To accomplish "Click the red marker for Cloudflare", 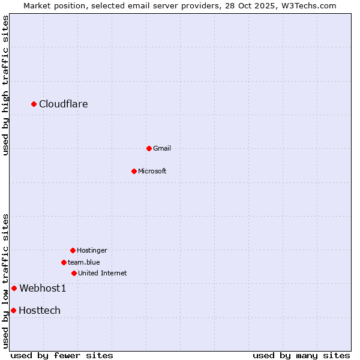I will click(34, 104).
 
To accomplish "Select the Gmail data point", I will click(149, 148).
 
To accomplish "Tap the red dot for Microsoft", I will click(134, 171).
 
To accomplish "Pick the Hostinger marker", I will click(73, 250).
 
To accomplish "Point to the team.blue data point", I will click(64, 262).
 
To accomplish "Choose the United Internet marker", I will click(74, 273).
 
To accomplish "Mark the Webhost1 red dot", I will click(14, 288).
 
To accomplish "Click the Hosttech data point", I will click(13, 310).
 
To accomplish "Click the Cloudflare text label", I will click(64, 104).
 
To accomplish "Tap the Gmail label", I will click(162, 148).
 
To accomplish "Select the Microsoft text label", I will click(152, 171).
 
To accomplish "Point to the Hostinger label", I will click(92, 250).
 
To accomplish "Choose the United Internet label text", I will click(103, 273).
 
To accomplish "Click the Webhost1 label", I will click(43, 289).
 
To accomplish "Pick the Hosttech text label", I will click(40, 311).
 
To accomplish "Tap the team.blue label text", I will click(84, 262).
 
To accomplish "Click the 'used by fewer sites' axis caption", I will click(62, 355).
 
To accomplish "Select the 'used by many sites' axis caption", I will click(301, 355).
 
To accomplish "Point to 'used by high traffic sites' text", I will click(5, 86).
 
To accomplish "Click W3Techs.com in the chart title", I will click(308, 5).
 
